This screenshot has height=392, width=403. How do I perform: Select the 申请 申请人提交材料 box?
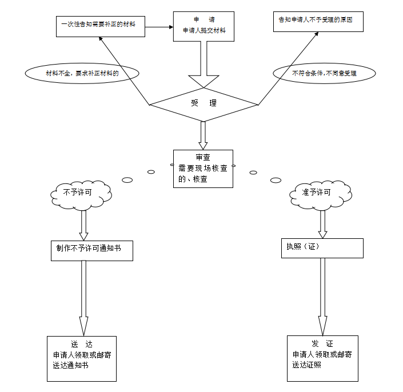pyautogui.click(x=204, y=26)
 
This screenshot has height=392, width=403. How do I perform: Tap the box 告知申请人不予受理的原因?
pyautogui.click(x=317, y=21)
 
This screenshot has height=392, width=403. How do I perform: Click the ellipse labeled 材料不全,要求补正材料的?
pyautogui.click(x=82, y=74)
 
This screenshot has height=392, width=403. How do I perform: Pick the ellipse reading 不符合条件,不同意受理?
pyautogui.click(x=324, y=74)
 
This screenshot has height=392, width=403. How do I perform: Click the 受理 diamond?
pyautogui.click(x=204, y=104)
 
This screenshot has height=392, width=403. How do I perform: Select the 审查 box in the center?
pyautogui.click(x=203, y=169)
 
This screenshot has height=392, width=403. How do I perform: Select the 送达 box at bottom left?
pyautogui.click(x=82, y=358)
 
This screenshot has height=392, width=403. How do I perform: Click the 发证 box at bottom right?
pyautogui.click(x=322, y=358)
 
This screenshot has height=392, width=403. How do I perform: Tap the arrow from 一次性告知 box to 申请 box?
pyautogui.click(x=158, y=26)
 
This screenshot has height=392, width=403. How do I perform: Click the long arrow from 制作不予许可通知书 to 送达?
pyautogui.click(x=84, y=298)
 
